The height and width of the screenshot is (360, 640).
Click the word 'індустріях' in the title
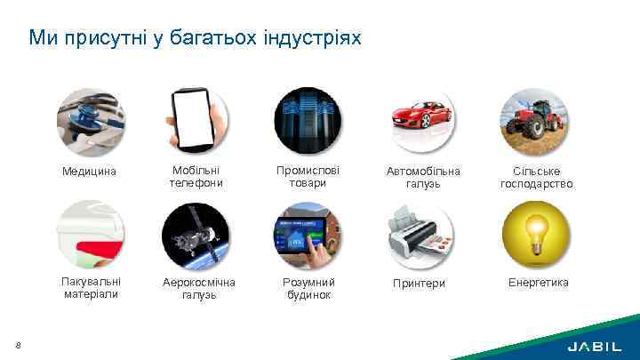click(313, 38)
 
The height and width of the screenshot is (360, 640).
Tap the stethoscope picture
click(90, 121)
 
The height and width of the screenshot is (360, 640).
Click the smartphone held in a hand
click(196, 121)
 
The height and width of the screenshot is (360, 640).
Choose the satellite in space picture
click(196, 234)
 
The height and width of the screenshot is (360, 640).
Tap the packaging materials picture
click(90, 234)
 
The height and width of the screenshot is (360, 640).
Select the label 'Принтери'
click(419, 284)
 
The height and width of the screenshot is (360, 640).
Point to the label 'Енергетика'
click(538, 283)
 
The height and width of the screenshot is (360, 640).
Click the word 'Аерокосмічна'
click(199, 283)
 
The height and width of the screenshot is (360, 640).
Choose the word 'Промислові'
click(308, 170)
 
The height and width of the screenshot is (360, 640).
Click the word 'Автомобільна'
click(423, 171)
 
